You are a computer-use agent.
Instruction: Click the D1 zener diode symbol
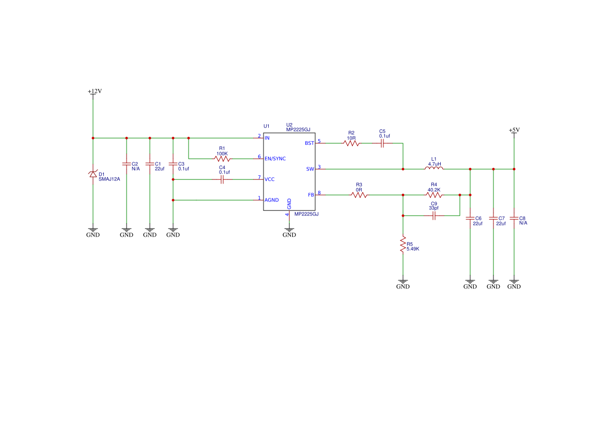pos(93,174)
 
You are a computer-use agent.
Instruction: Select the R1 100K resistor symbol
pos(222,159)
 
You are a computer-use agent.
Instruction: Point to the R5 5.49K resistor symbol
pos(402,244)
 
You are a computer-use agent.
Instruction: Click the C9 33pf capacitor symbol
pos(434,216)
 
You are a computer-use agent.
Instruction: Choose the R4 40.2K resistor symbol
pos(434,195)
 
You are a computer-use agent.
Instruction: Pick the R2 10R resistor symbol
pos(351,143)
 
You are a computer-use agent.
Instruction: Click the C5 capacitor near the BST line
pos(382,143)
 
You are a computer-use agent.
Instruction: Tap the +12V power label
pos(95,91)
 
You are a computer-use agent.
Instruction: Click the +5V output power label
pos(514,130)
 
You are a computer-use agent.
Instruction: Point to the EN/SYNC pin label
pos(275,159)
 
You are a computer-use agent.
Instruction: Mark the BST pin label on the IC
pos(309,143)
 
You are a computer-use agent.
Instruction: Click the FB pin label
pos(311,195)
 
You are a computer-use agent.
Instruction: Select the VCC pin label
pos(270,179)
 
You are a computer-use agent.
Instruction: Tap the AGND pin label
pos(272,200)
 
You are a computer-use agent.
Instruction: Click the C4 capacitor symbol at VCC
pos(222,179)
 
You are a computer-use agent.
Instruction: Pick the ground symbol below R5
pos(402,284)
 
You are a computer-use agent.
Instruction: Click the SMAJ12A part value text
pos(109,179)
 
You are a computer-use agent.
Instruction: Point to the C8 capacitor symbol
pos(514,218)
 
